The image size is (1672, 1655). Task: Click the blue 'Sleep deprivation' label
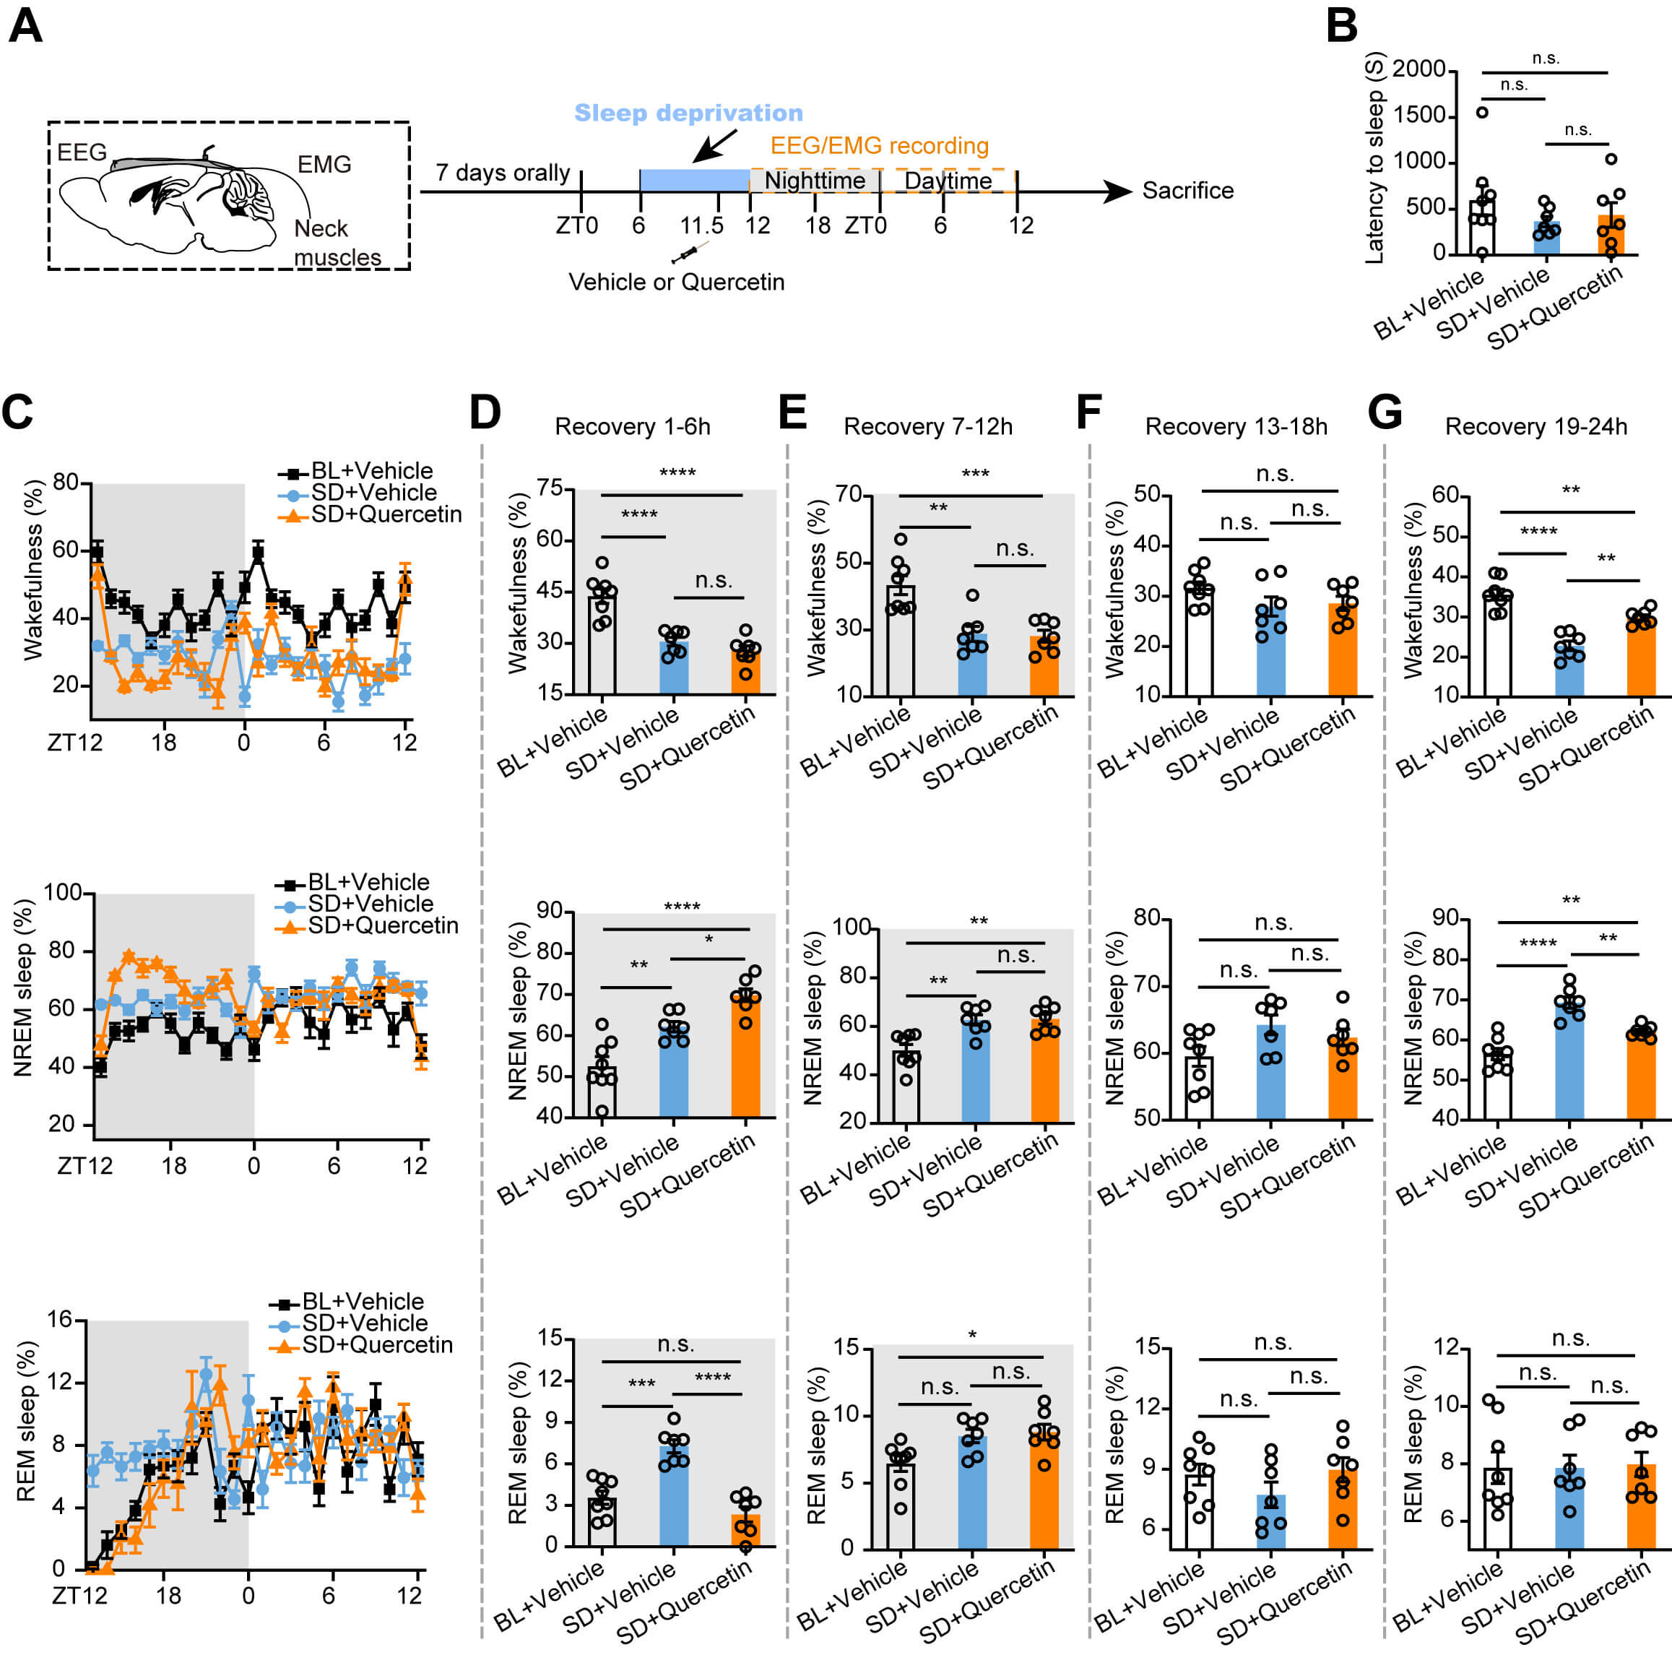point(688,113)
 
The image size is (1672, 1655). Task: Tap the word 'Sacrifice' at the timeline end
point(1187,191)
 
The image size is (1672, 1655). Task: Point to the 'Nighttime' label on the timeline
point(815,180)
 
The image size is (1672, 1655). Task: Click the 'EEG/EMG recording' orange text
point(879,145)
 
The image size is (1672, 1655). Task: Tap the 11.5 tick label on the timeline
point(701,226)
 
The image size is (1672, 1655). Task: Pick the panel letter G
point(1385,411)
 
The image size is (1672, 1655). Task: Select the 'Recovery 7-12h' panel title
point(928,427)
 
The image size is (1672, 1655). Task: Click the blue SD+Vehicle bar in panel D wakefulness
point(674,667)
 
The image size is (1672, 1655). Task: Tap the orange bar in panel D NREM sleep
point(745,1056)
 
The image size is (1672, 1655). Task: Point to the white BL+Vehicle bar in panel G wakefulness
point(1497,645)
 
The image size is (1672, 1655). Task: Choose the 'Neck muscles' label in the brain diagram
point(337,243)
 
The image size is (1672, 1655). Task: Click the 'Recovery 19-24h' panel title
point(1536,427)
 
